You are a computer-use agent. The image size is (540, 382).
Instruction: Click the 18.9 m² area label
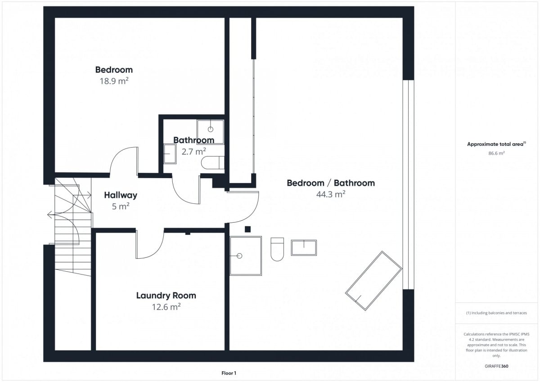click(x=114, y=81)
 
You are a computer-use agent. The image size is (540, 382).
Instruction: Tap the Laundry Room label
click(x=166, y=296)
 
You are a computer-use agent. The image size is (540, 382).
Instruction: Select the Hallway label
click(x=121, y=195)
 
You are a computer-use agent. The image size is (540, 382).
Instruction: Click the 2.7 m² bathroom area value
click(x=193, y=152)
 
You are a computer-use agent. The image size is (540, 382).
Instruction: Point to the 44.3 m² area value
click(x=331, y=194)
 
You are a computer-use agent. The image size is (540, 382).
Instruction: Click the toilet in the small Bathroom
click(x=213, y=163)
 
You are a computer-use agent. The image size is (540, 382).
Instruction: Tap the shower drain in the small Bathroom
click(x=211, y=130)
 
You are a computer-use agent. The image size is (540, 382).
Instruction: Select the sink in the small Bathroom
click(x=170, y=154)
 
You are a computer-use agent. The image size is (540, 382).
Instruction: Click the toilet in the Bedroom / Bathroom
click(x=277, y=249)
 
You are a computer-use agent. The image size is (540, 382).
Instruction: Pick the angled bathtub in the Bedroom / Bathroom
click(x=373, y=281)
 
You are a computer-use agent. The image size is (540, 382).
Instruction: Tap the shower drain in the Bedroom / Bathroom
click(x=239, y=256)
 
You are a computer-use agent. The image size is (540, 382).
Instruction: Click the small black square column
click(x=247, y=229)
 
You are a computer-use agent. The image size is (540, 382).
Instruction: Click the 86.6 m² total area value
click(x=496, y=153)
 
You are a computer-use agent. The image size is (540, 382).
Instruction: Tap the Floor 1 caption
click(x=229, y=373)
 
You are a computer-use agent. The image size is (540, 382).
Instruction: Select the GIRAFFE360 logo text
click(x=496, y=366)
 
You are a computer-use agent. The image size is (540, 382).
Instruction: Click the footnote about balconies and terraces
click(x=496, y=313)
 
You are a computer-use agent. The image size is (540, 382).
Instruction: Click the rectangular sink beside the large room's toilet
click(x=304, y=247)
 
